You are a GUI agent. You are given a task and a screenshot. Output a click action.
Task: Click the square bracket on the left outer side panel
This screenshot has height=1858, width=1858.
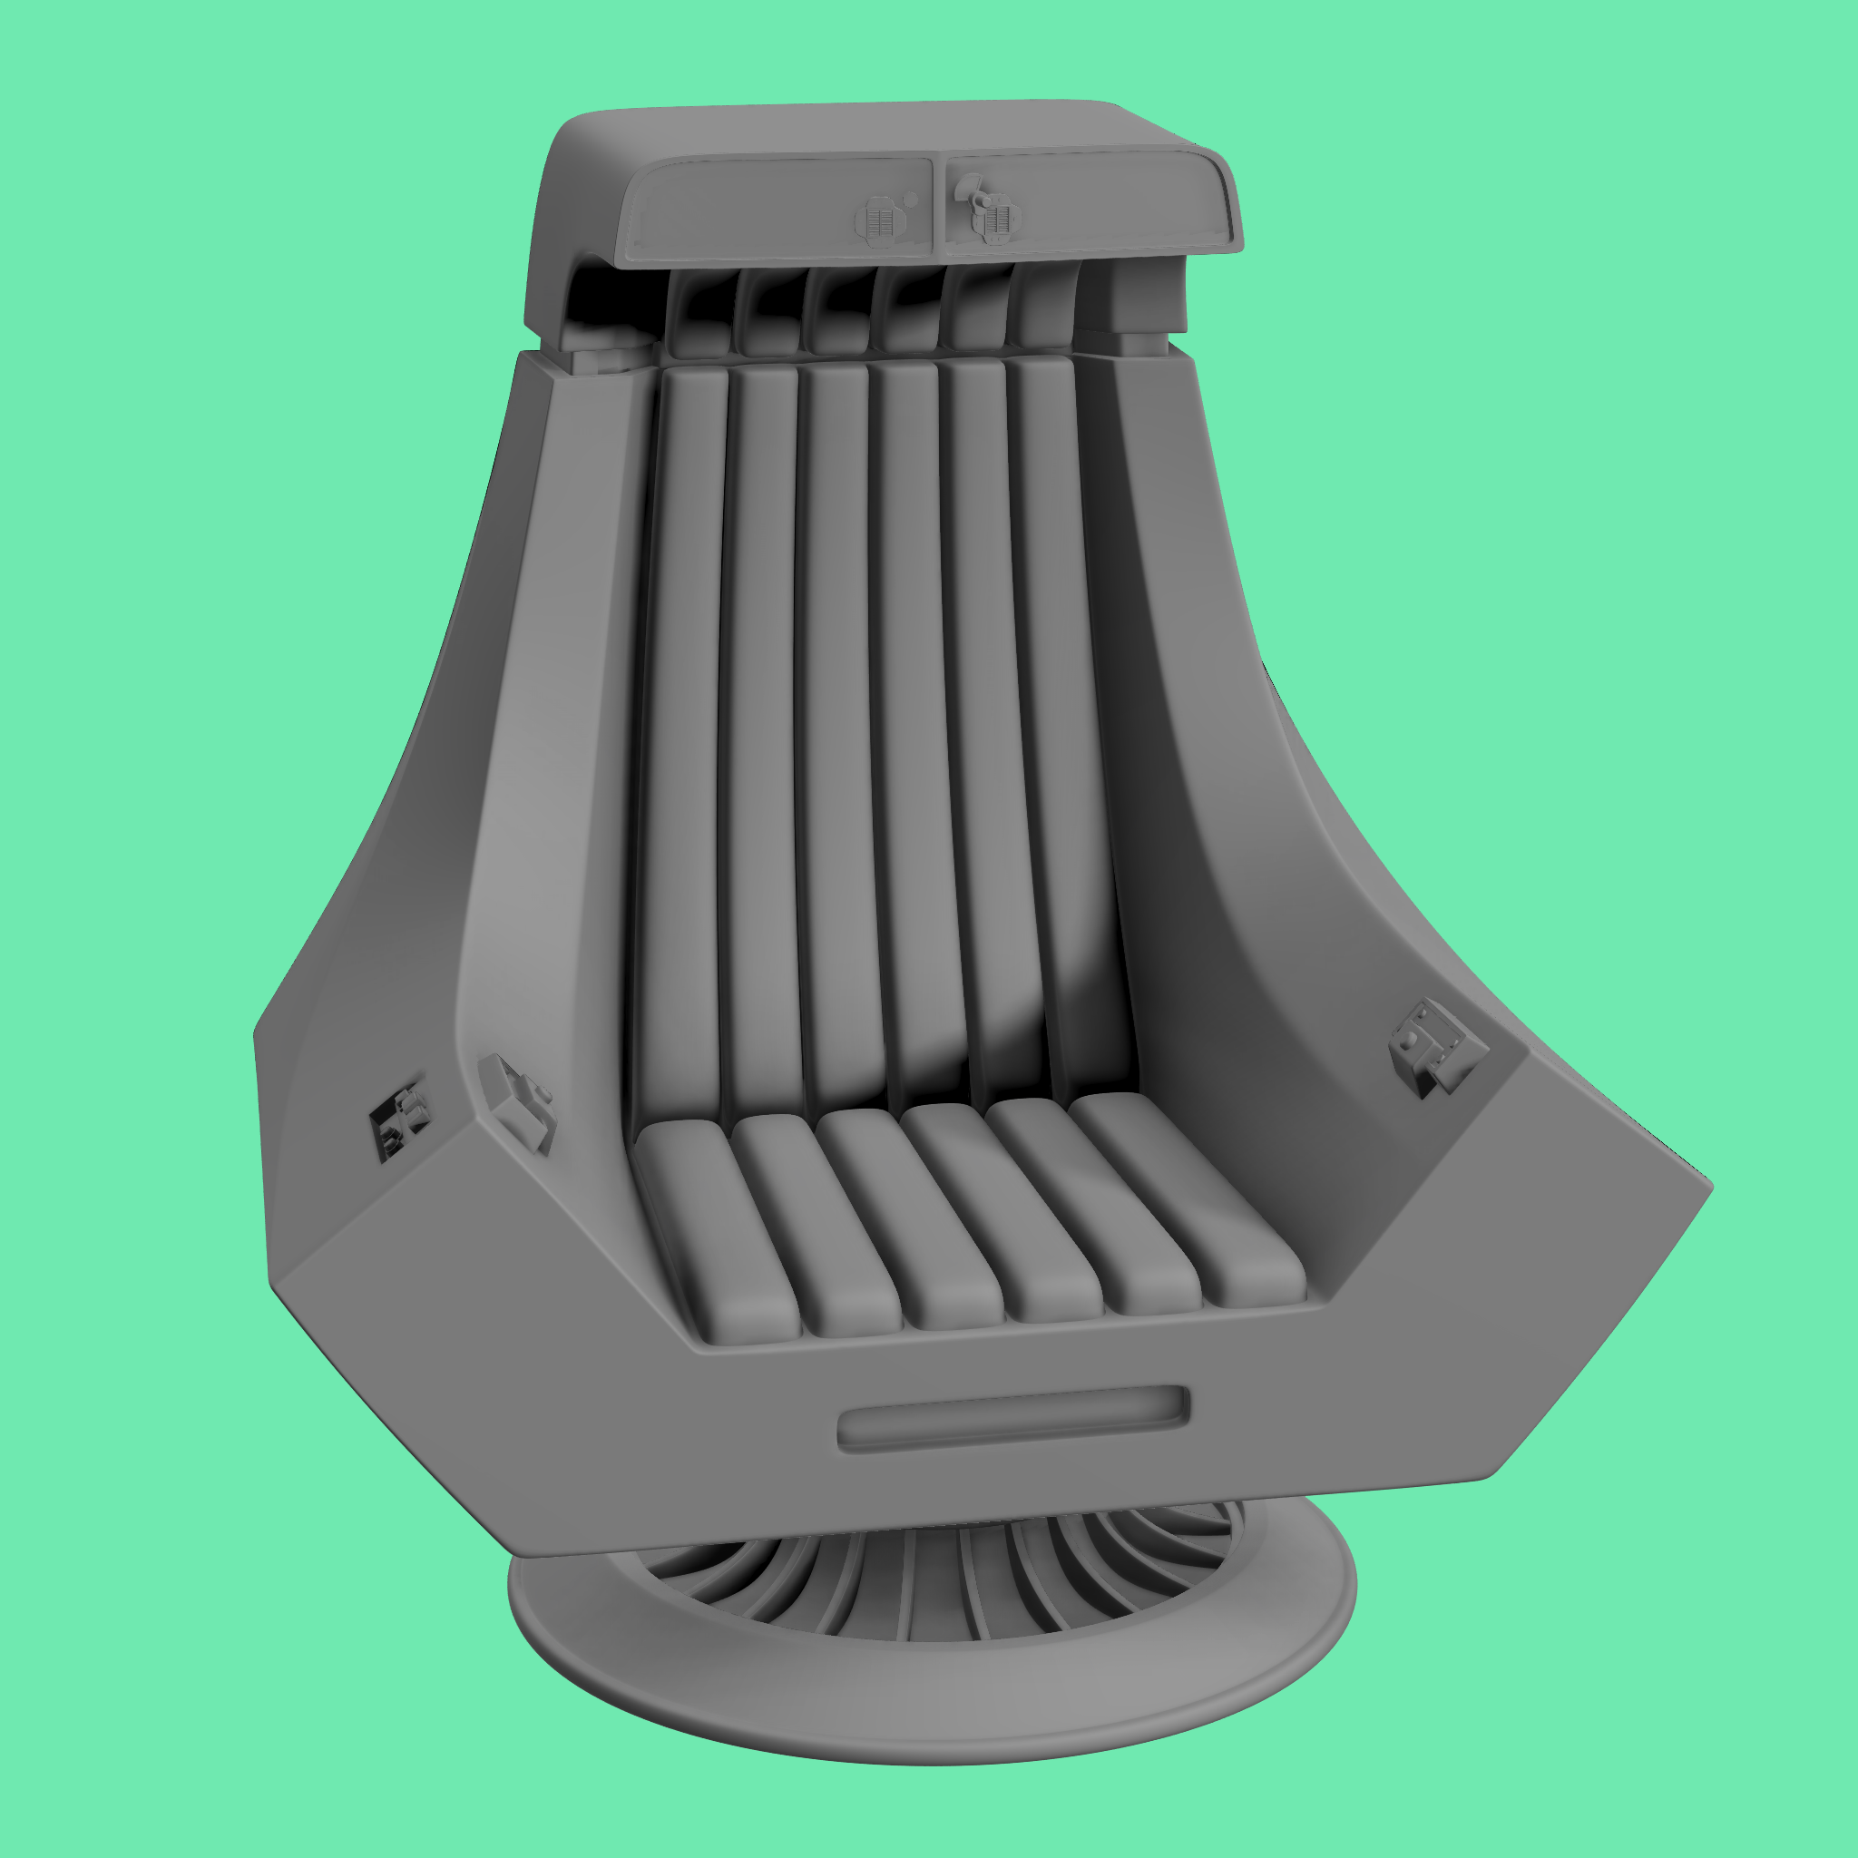point(397,1123)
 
